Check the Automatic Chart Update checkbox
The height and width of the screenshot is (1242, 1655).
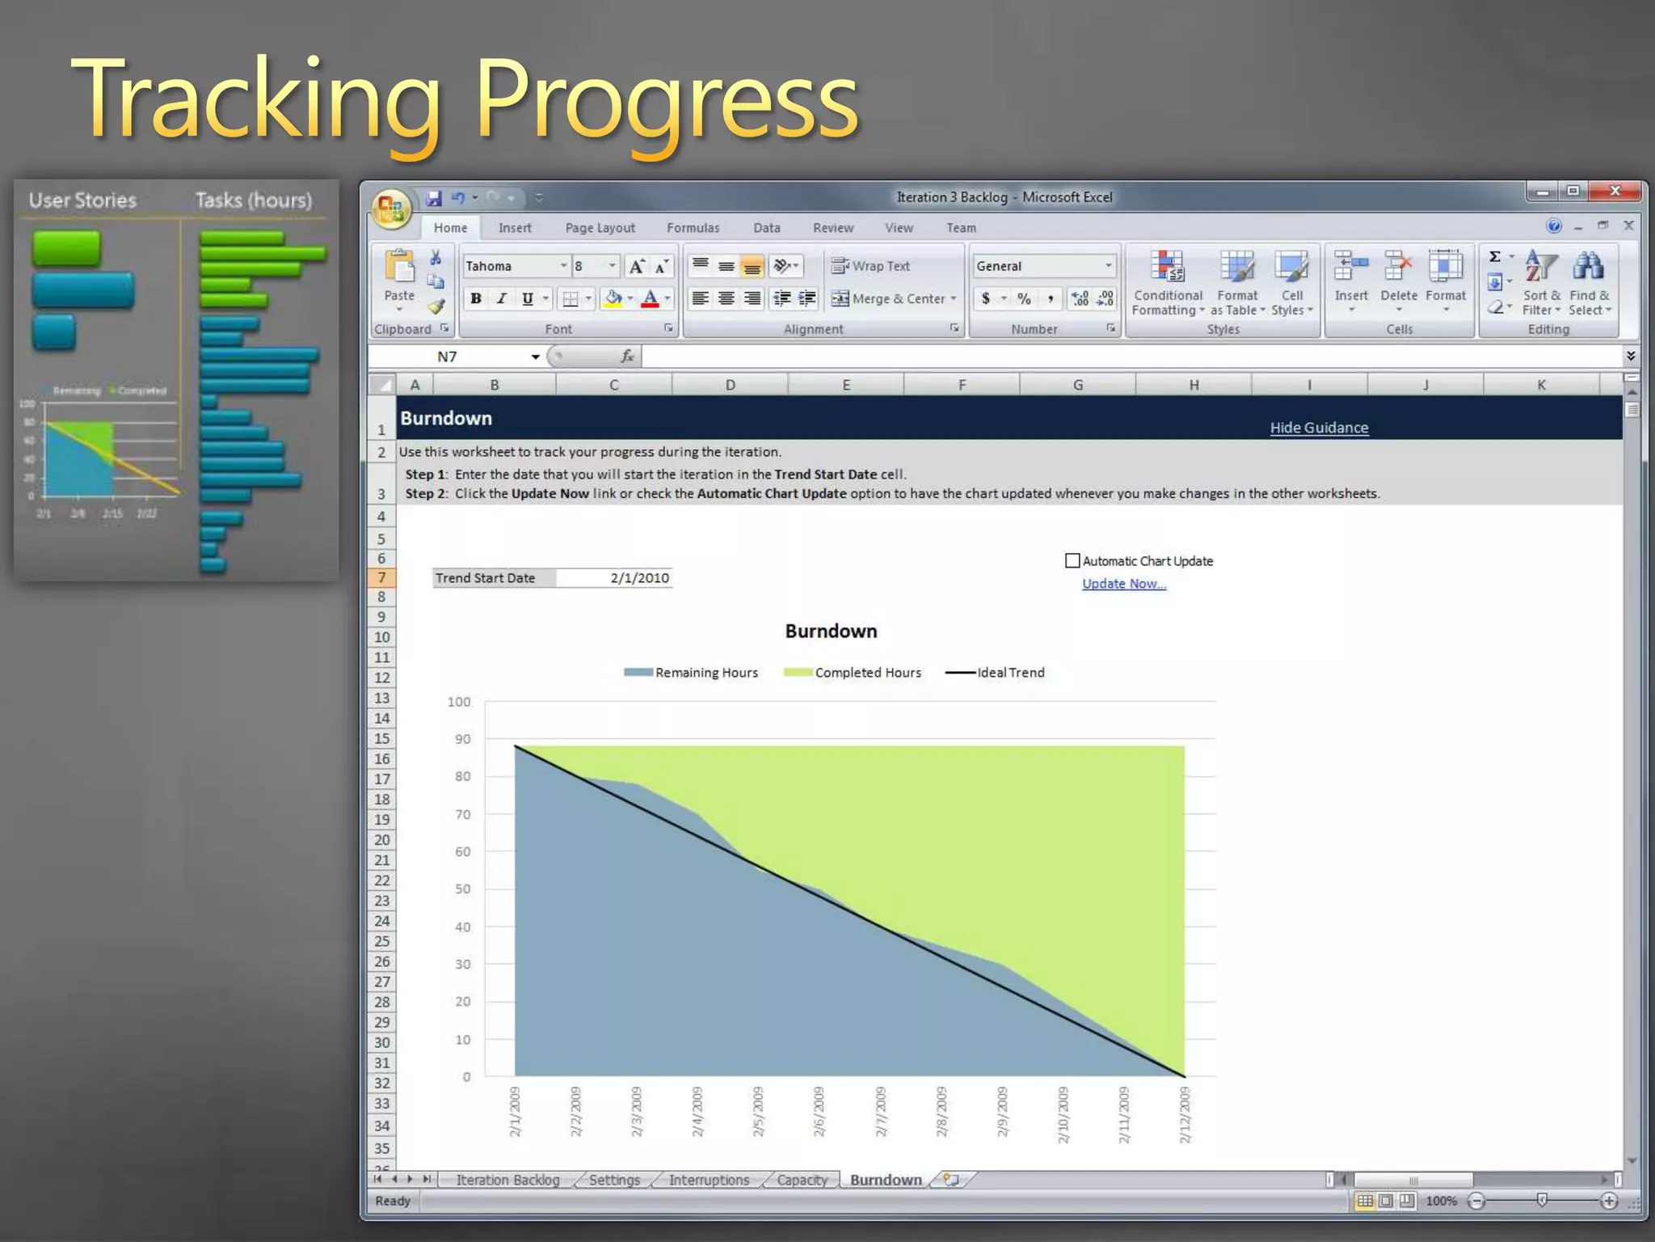1072,561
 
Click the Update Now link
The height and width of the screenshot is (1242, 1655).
1123,584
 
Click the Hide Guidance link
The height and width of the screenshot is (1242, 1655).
1319,428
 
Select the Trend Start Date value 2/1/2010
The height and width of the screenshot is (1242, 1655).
638,578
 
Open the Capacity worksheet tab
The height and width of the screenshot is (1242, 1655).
802,1180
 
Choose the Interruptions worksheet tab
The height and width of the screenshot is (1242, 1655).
709,1180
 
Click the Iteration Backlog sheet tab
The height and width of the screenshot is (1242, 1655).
507,1180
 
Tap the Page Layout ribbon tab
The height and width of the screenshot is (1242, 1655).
600,228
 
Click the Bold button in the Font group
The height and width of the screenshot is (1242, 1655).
476,299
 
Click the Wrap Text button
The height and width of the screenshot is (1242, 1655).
871,266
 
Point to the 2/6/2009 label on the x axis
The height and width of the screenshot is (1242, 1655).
819,1112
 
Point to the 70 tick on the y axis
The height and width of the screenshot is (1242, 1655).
462,814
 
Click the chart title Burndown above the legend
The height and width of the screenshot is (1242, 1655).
831,632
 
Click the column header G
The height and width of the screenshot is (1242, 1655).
1078,385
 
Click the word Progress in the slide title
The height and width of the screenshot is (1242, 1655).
666,101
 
